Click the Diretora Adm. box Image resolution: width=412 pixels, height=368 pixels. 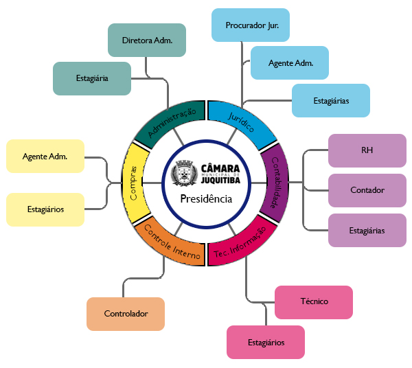point(147,40)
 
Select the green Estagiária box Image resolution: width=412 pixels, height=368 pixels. point(92,78)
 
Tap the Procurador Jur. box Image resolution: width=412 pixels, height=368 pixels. point(250,25)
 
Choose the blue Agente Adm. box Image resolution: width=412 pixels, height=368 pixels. point(290,62)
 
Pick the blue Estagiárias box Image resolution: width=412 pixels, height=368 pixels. point(331,100)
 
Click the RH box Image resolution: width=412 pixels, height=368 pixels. point(367,150)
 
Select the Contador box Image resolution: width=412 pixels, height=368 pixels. point(367,190)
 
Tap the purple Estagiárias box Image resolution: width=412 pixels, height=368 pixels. point(367,230)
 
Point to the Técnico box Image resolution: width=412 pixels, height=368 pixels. point(314,301)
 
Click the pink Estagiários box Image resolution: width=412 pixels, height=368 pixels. point(266,342)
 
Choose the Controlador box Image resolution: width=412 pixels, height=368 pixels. point(126,314)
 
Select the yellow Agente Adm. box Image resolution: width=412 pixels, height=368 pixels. point(45,156)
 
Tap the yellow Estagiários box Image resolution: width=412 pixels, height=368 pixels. point(45,209)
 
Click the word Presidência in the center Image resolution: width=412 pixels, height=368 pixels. point(206,199)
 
